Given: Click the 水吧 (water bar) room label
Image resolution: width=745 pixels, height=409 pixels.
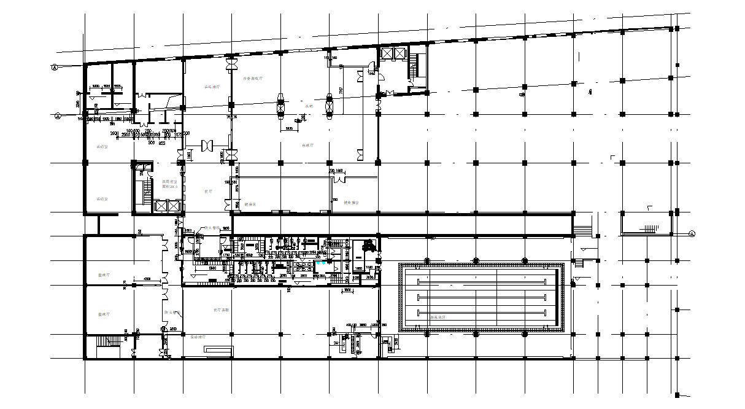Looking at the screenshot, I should click(x=309, y=106).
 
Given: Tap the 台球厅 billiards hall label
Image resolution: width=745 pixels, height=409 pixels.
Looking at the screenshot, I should click(x=308, y=146).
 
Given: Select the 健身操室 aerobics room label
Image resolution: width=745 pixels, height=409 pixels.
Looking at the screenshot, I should click(x=351, y=202).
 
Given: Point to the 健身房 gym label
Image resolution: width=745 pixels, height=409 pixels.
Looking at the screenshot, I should click(x=250, y=204).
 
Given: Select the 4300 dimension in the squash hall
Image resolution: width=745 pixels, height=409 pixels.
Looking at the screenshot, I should click(x=147, y=280).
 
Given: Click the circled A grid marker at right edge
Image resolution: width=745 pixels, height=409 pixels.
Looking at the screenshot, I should click(x=692, y=233).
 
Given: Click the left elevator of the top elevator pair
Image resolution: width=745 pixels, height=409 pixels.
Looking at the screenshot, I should click(x=387, y=53).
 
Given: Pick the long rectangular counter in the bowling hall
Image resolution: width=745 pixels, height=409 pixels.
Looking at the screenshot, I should click(x=218, y=350).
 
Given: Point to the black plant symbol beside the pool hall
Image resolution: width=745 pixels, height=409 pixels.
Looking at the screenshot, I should click(x=369, y=246).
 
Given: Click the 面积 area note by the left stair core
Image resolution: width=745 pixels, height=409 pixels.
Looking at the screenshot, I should click(x=169, y=186).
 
